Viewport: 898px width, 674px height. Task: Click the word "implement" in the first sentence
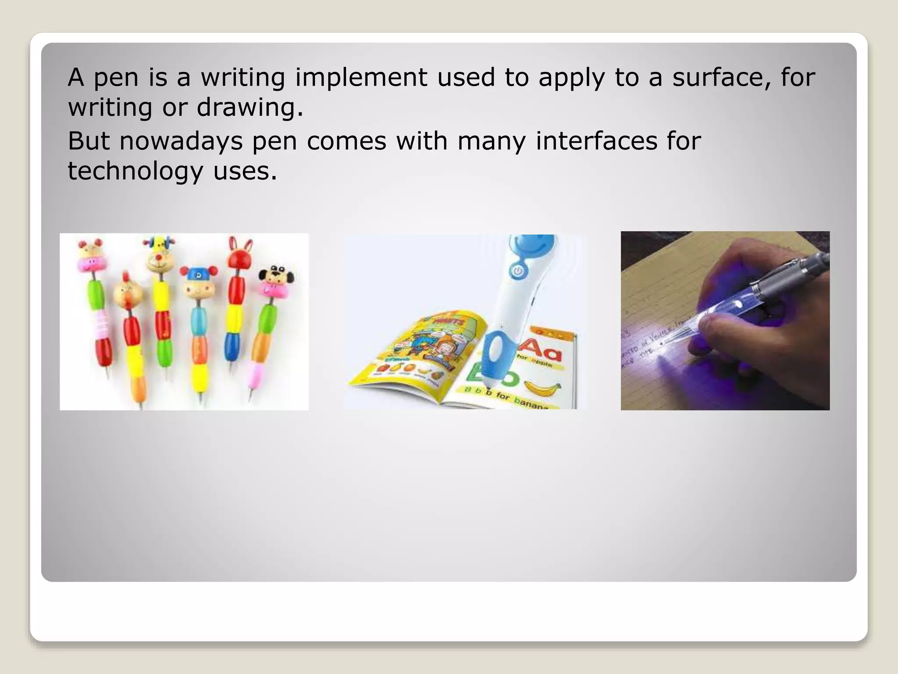point(361,78)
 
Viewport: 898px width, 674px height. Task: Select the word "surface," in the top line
point(725,78)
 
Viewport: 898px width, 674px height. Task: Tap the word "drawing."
point(249,108)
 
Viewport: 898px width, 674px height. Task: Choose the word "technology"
point(135,172)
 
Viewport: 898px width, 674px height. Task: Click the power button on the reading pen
point(518,271)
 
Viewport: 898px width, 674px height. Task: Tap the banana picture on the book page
point(543,388)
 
